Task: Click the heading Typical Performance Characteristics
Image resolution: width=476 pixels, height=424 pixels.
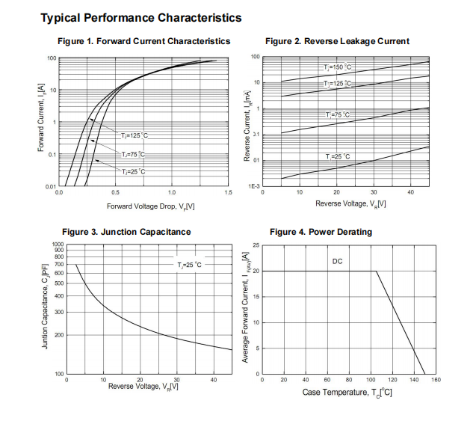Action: tap(140, 16)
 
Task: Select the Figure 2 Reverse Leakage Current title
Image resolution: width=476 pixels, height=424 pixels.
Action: tap(337, 41)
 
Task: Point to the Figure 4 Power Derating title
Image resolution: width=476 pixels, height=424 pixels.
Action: tap(321, 232)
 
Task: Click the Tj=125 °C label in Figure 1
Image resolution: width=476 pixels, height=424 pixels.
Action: tap(135, 135)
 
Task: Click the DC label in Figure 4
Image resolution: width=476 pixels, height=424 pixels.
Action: tap(337, 261)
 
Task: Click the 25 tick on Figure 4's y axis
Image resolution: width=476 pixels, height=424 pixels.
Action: tap(256, 245)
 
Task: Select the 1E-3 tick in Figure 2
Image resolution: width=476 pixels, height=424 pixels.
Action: tap(254, 186)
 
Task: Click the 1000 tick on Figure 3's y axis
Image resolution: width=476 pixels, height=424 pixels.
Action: tap(58, 245)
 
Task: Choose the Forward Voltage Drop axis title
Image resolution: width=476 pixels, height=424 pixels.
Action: tap(151, 206)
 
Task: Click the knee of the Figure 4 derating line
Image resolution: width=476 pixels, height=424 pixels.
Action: tap(376, 271)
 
